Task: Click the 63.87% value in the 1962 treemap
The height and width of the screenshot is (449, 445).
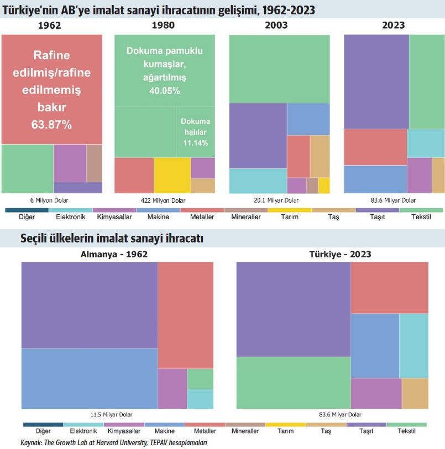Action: pos(51,125)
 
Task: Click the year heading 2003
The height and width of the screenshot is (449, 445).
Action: pos(280,25)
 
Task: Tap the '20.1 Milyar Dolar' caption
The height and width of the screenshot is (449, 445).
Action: pos(279,200)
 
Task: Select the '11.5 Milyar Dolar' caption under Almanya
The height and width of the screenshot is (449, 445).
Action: pos(112,415)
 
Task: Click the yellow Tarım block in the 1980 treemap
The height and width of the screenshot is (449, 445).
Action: pos(172,175)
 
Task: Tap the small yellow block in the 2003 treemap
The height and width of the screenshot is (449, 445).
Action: pos(324,185)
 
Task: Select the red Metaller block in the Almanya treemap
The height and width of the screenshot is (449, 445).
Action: pos(185,315)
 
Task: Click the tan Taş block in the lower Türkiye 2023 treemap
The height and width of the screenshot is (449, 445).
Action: pos(415,393)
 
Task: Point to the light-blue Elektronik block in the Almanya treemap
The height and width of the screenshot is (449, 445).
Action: pos(200,399)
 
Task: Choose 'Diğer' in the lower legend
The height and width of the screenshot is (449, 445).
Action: pos(43,431)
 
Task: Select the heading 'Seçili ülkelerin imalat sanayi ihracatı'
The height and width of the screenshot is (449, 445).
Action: pos(112,239)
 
